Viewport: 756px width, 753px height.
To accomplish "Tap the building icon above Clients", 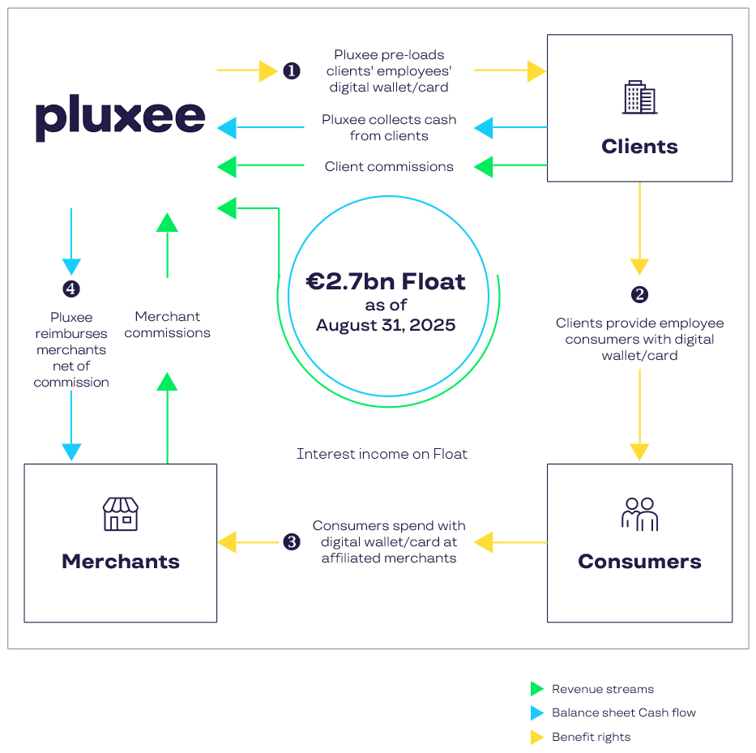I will (639, 97).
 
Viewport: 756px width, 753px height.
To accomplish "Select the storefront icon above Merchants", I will (121, 514).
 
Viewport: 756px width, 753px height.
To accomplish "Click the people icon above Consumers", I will (639, 514).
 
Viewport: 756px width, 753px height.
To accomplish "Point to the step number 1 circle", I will (292, 71).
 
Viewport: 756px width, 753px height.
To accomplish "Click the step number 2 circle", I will (640, 294).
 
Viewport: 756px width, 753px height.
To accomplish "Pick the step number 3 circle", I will (292, 542).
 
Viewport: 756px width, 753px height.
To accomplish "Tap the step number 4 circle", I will (71, 289).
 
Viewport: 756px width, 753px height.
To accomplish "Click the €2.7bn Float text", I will (386, 282).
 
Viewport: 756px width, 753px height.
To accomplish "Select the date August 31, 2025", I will (386, 325).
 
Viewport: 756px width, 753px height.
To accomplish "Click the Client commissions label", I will (389, 167).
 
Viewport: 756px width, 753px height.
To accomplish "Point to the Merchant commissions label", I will (168, 324).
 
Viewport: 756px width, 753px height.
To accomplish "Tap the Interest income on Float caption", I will (382, 454).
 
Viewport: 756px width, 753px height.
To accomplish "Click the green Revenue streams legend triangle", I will (536, 689).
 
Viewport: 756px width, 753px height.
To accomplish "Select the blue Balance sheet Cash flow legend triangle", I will (536, 713).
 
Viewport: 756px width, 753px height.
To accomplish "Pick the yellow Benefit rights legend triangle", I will (536, 738).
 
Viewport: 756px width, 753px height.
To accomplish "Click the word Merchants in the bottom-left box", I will (121, 561).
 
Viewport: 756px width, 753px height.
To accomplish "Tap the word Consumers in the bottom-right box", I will (639, 561).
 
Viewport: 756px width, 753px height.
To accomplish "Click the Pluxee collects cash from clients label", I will (389, 127).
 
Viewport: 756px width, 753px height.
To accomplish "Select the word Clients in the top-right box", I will (639, 147).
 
